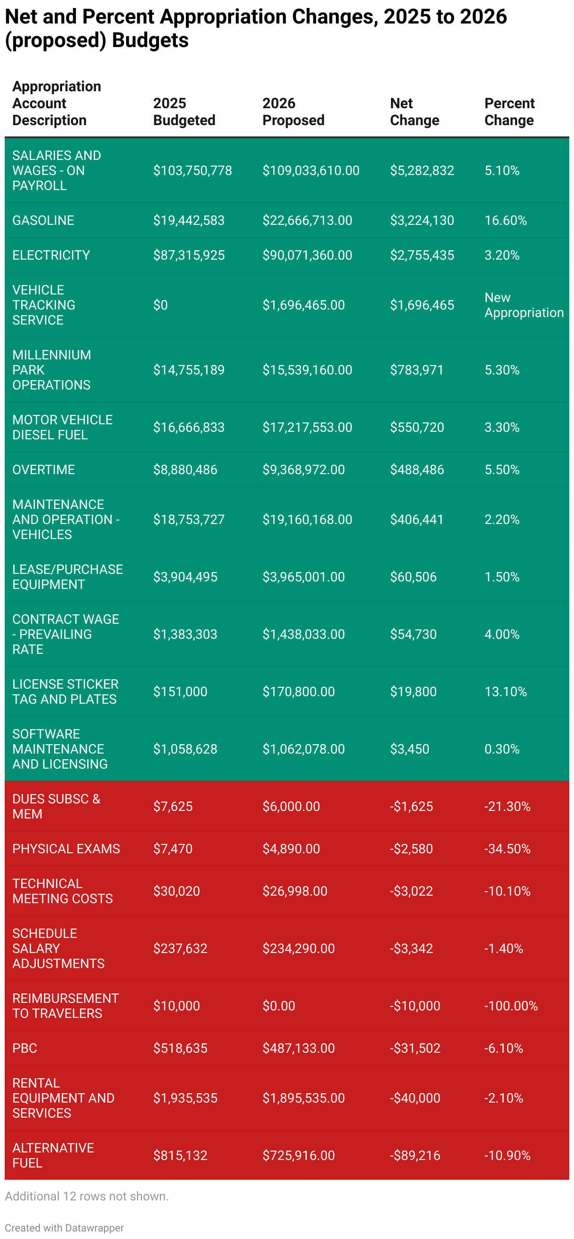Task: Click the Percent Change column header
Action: click(x=509, y=111)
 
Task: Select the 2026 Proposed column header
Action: click(x=293, y=111)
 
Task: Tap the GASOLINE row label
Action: click(x=43, y=220)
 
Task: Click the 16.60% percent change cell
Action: click(x=505, y=220)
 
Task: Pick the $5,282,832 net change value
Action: click(x=422, y=170)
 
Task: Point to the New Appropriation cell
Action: click(x=524, y=305)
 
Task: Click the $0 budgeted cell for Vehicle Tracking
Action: click(x=160, y=305)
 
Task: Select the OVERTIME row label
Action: click(x=44, y=469)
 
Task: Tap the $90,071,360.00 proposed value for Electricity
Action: click(x=307, y=255)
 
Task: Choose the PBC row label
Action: click(x=25, y=1048)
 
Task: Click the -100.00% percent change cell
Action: click(x=510, y=1006)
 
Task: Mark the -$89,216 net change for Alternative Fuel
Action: click(x=415, y=1155)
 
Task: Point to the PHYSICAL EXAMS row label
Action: click(x=66, y=849)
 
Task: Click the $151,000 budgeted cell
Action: click(x=180, y=691)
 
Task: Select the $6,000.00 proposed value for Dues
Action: click(x=291, y=806)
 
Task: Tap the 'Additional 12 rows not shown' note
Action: click(x=87, y=1196)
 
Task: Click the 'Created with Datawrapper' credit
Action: click(x=64, y=1227)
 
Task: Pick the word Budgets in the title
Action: click(x=150, y=40)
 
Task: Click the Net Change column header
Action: click(x=414, y=111)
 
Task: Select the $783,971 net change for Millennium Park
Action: click(x=416, y=370)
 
